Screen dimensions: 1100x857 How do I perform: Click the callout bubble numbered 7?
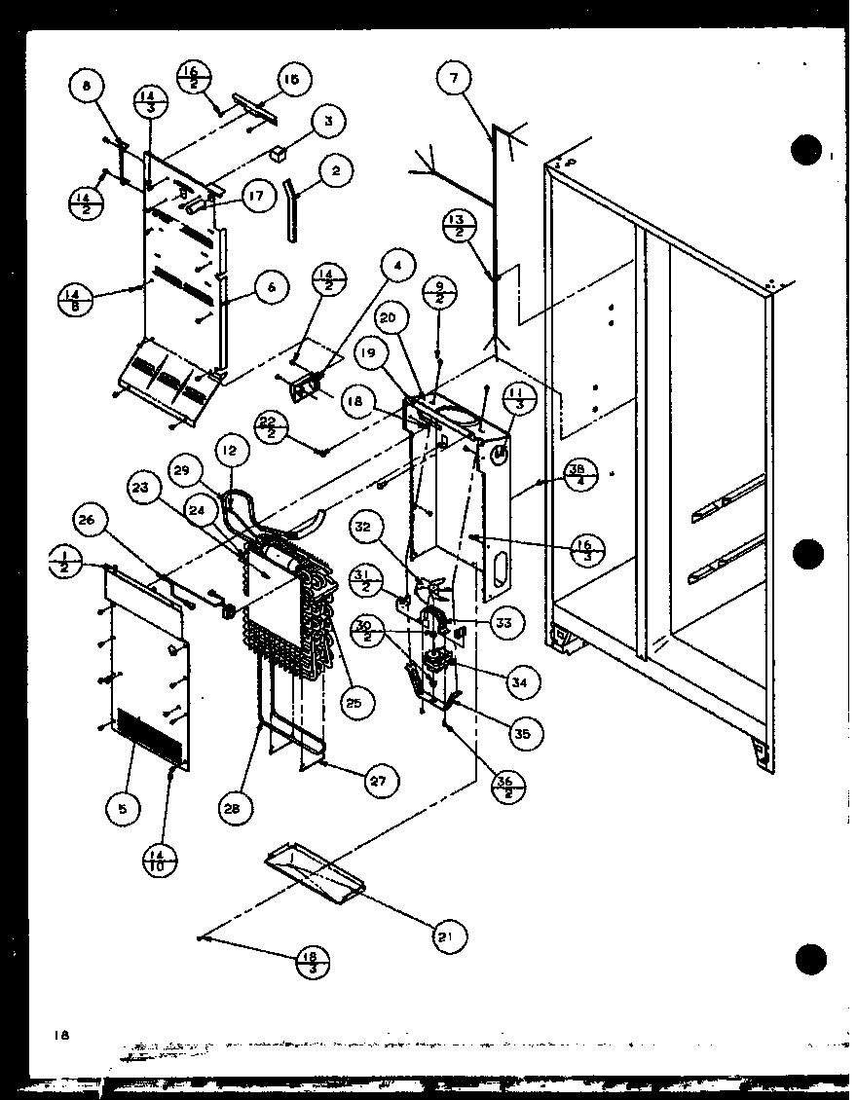pyautogui.click(x=453, y=80)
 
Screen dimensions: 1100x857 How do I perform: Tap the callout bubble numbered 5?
pyautogui.click(x=124, y=807)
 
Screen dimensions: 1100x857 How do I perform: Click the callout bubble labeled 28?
pyautogui.click(x=235, y=807)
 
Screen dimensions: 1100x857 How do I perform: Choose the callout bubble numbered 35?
pyautogui.click(x=521, y=733)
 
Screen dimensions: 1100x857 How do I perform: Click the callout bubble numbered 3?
pyautogui.click(x=328, y=122)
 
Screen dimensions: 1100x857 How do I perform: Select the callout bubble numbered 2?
pyautogui.click(x=336, y=171)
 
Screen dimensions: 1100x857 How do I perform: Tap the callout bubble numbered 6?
pyautogui.click(x=272, y=286)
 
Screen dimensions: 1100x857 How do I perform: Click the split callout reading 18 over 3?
pyautogui.click(x=313, y=961)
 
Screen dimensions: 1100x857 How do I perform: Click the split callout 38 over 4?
pyautogui.click(x=580, y=478)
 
